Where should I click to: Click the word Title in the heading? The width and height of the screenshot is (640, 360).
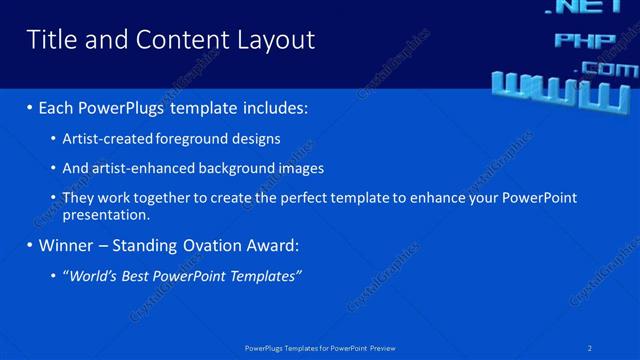pos(48,40)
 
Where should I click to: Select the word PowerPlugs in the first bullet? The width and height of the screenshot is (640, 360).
pos(132,107)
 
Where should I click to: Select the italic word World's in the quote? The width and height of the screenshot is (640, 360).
pos(92,276)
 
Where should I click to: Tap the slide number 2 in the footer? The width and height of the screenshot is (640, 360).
pos(590,348)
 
